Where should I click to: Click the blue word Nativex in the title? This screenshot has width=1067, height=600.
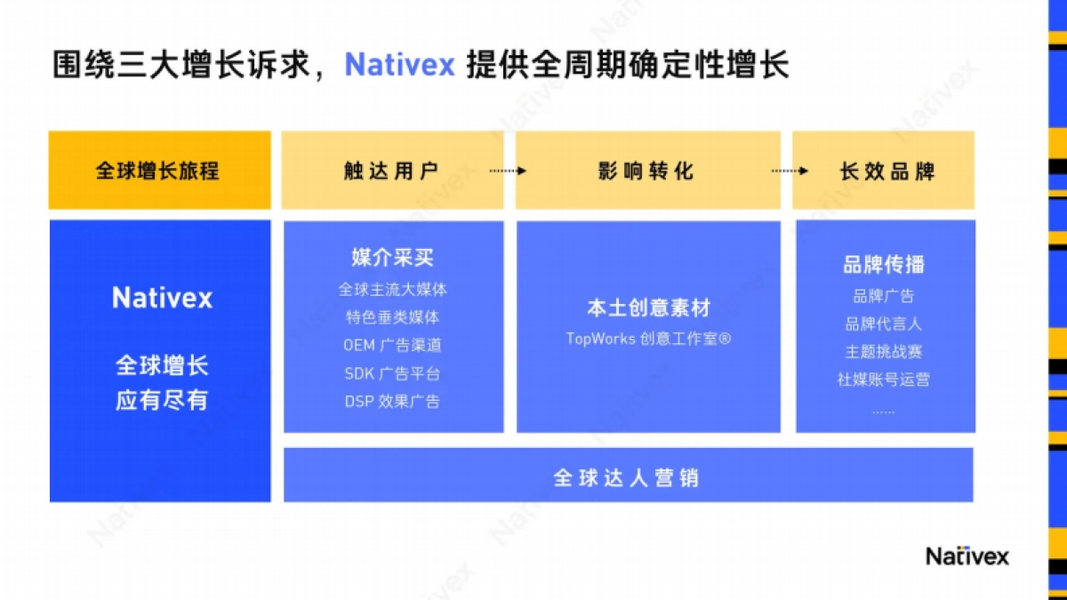pyautogui.click(x=400, y=65)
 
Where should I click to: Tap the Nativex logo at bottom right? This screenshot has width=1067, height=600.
pyautogui.click(x=967, y=556)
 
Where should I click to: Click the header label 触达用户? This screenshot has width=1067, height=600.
pyautogui.click(x=391, y=171)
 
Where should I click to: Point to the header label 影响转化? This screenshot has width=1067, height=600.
pyautogui.click(x=646, y=171)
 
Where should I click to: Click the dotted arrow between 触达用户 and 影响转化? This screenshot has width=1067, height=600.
pyautogui.click(x=508, y=171)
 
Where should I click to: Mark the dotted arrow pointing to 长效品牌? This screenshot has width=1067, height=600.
pyautogui.click(x=790, y=171)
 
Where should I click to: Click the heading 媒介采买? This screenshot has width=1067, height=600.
pyautogui.click(x=392, y=258)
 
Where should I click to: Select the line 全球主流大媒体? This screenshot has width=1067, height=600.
pyautogui.click(x=392, y=289)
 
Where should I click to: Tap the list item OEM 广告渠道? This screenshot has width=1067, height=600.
pyautogui.click(x=392, y=345)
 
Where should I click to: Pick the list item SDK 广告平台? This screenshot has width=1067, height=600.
pyautogui.click(x=392, y=373)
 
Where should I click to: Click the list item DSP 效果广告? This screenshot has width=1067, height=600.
pyautogui.click(x=392, y=401)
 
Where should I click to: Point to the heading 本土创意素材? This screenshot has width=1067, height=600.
pyautogui.click(x=648, y=308)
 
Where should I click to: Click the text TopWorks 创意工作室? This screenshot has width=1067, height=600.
pyautogui.click(x=648, y=339)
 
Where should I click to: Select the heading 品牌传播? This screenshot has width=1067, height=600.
pyautogui.click(x=883, y=264)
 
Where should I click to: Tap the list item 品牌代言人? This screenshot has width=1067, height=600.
pyautogui.click(x=883, y=324)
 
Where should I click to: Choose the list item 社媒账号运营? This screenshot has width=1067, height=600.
pyautogui.click(x=883, y=380)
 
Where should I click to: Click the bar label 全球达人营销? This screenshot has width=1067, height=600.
pyautogui.click(x=627, y=477)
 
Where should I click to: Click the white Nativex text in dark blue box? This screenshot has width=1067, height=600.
pyautogui.click(x=162, y=298)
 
